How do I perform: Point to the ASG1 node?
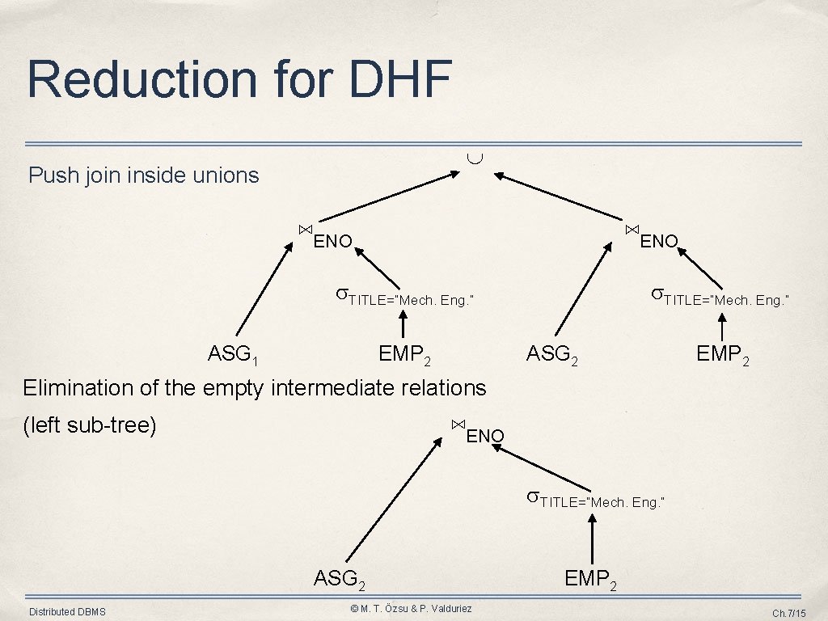pyautogui.click(x=233, y=354)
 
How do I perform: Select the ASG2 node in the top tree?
pyautogui.click(x=551, y=354)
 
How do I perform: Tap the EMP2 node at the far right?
pyautogui.click(x=723, y=354)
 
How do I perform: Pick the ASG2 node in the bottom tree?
pyautogui.click(x=340, y=579)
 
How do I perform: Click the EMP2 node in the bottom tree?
pyautogui.click(x=592, y=579)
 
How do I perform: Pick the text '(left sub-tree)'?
pyautogui.click(x=89, y=425)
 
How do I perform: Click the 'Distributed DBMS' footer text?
pyautogui.click(x=67, y=612)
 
